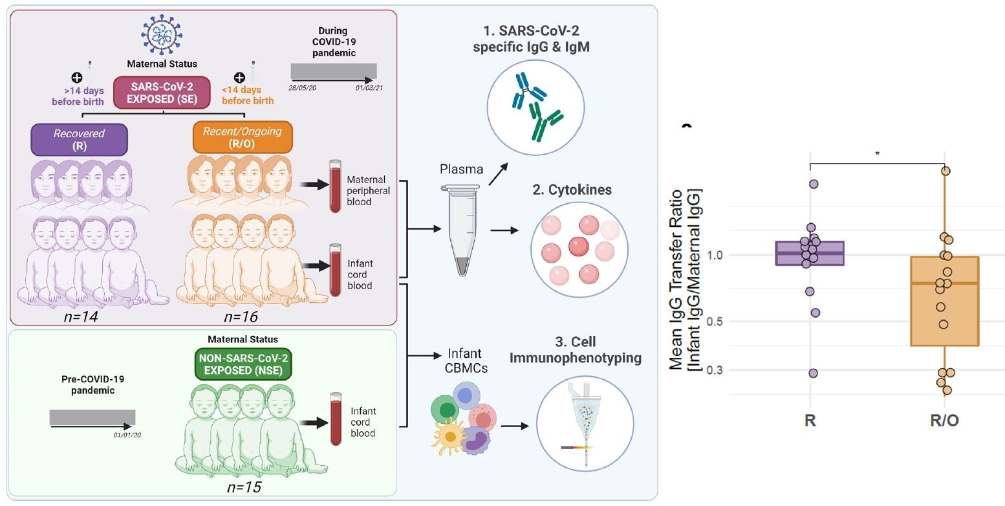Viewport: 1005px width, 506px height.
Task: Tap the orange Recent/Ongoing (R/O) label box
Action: pyautogui.click(x=243, y=138)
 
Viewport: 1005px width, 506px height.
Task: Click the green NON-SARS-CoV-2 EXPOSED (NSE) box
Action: pyautogui.click(x=243, y=364)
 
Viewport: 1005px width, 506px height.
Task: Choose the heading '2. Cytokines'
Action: pyautogui.click(x=572, y=190)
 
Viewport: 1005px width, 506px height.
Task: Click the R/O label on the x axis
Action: pyautogui.click(x=944, y=420)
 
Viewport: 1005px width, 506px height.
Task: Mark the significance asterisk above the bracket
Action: pyautogui.click(x=876, y=153)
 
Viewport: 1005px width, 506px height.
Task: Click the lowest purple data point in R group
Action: pyautogui.click(x=813, y=373)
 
